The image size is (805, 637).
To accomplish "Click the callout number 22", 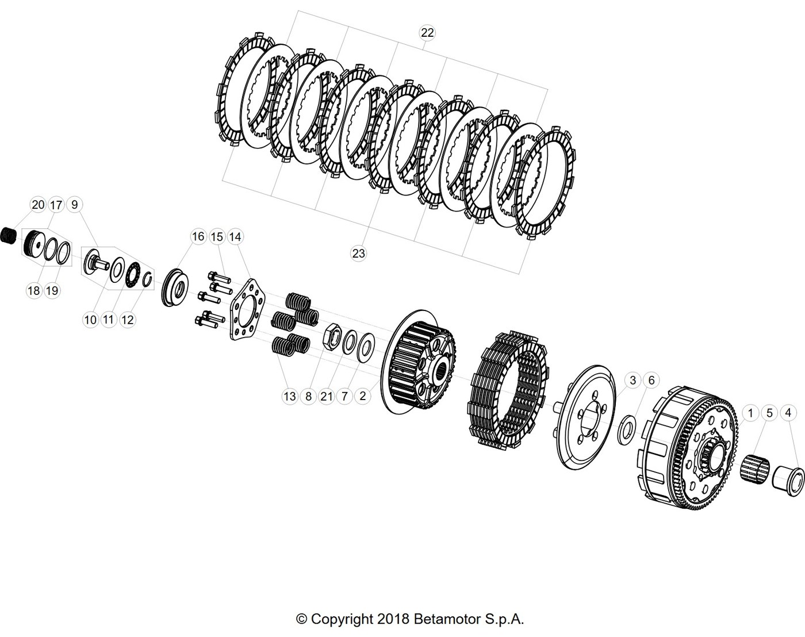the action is point(427,33).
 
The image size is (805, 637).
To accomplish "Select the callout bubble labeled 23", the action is point(358,254).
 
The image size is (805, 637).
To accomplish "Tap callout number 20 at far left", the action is point(38,205).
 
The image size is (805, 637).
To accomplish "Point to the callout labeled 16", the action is point(198,236).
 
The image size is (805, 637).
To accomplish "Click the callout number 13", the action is point(290,397).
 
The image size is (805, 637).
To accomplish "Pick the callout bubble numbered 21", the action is point(327,397).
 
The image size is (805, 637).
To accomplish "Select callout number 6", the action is point(651,381).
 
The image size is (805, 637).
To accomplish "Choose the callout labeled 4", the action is point(788,413).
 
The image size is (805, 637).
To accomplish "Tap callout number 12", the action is point(127,320).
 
